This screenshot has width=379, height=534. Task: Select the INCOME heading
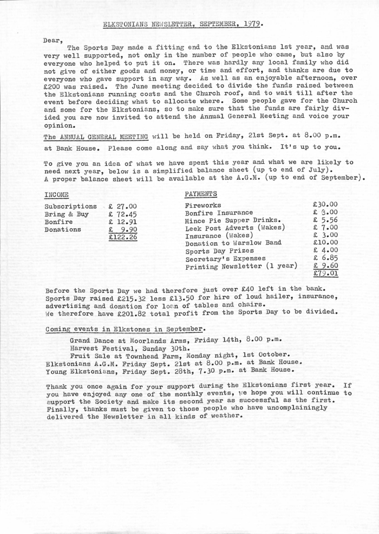56,193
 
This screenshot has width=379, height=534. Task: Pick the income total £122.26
122,237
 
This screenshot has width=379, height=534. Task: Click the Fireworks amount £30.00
325,205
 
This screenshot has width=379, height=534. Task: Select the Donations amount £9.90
122,229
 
